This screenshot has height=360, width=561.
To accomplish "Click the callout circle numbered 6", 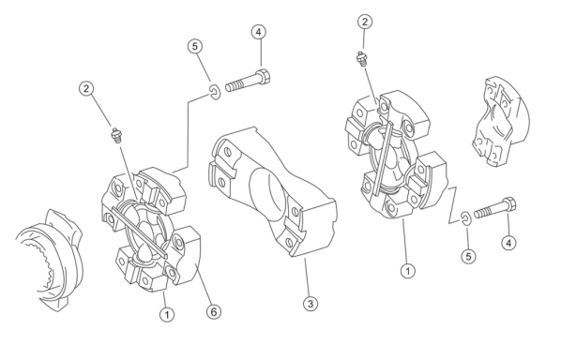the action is (214, 312).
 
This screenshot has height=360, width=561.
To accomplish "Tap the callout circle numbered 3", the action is (311, 304).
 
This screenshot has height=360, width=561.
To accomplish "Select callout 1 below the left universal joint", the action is (167, 315).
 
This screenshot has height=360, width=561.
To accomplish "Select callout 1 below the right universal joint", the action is (407, 271).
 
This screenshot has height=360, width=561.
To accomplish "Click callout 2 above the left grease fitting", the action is (86, 88).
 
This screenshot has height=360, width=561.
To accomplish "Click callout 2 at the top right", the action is (365, 22).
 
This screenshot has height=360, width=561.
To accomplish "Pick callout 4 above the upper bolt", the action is (259, 32).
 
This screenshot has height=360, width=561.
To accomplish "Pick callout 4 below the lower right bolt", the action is (508, 243).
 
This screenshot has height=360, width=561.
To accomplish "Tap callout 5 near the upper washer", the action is (195, 47).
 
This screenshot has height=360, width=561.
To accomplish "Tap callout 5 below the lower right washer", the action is (468, 256).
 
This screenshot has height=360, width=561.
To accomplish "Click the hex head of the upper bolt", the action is (264, 77).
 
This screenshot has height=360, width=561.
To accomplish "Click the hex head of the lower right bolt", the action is (509, 205).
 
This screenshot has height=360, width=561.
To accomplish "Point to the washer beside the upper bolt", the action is (216, 93).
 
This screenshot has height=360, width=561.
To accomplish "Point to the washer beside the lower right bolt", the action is (465, 218).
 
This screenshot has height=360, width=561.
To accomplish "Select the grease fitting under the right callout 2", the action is (362, 59).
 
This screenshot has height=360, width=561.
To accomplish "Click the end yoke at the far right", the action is (501, 121).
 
